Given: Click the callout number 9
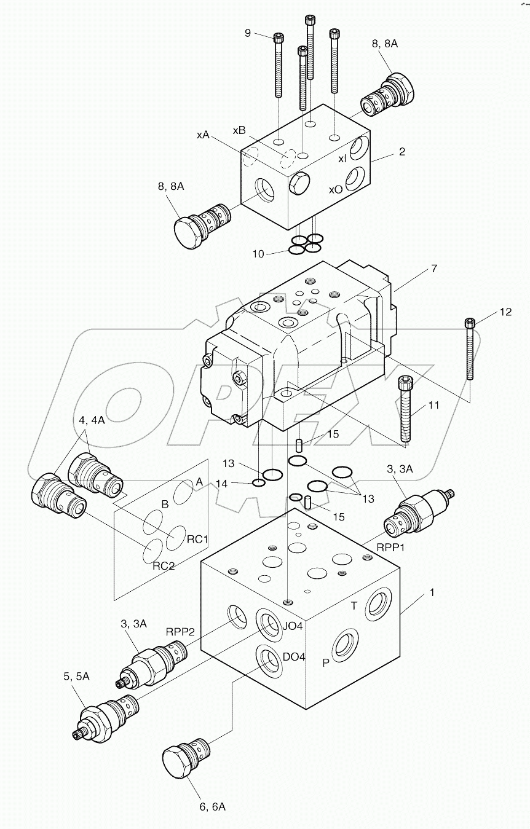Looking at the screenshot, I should tap(248, 33).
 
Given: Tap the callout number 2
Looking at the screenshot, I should tap(402, 151).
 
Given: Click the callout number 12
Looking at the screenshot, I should tap(505, 312).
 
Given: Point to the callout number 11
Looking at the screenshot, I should tap(434, 406).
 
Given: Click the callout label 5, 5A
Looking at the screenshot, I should tap(77, 676).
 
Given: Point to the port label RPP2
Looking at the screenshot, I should tap(180, 631).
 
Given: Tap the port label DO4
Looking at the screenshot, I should tap(294, 657).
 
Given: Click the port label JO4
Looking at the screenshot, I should tap(293, 627).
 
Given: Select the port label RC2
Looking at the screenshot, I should tap(164, 566).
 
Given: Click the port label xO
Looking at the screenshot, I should tap(335, 189).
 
